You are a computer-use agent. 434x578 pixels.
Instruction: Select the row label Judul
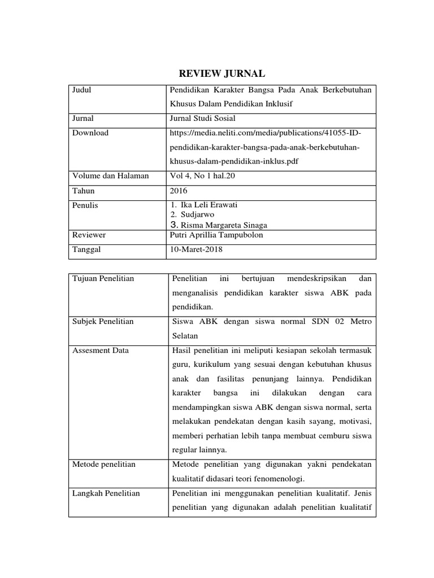coord(82,90)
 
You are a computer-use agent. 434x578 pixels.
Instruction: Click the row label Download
coord(90,133)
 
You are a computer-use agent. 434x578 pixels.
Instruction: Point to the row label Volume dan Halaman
coord(111,176)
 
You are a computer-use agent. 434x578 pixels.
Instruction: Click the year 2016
coord(179,191)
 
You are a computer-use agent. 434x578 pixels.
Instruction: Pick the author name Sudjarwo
coord(197,214)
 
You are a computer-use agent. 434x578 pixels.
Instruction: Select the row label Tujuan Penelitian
coord(103,279)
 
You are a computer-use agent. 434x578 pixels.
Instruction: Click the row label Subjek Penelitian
coord(103,321)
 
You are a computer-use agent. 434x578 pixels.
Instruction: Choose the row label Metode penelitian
coord(104,465)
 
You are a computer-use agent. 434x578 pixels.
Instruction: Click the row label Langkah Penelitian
coord(106,493)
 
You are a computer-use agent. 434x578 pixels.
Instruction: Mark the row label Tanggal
coord(86,249)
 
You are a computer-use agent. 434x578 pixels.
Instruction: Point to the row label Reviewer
coord(89,234)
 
